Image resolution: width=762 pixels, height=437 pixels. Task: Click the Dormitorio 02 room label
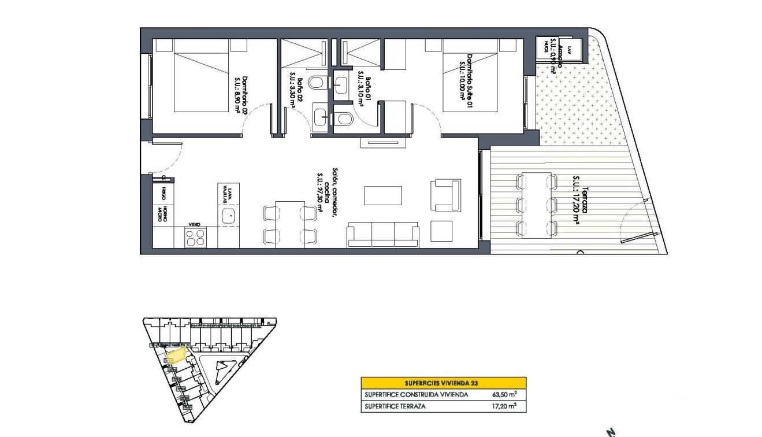click(240, 96)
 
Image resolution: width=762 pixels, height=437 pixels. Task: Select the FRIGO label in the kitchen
click(164, 192)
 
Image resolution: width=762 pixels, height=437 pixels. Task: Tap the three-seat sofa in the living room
click(382, 235)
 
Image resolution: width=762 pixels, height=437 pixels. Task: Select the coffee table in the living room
click(383, 195)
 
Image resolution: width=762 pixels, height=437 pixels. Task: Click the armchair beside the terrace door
click(445, 195)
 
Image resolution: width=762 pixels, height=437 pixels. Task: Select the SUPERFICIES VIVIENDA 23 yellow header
click(443, 383)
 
